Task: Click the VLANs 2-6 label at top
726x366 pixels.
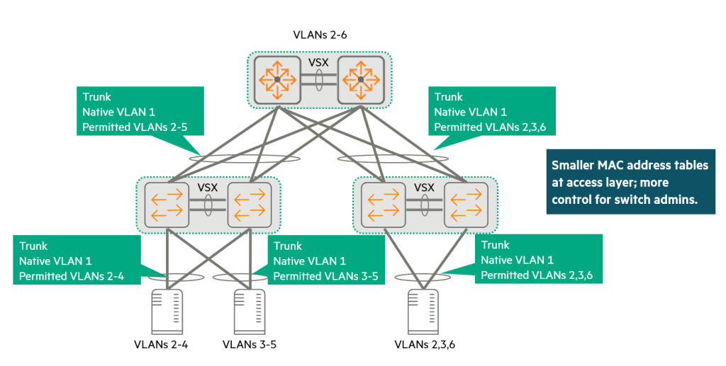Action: click(x=320, y=33)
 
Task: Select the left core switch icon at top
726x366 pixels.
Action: click(x=278, y=79)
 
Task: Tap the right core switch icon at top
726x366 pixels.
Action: click(x=361, y=79)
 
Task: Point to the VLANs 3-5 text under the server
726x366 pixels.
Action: click(x=249, y=345)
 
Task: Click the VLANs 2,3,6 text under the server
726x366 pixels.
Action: click(x=423, y=345)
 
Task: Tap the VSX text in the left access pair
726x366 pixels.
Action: click(x=208, y=188)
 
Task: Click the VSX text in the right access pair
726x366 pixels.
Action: click(x=425, y=188)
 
